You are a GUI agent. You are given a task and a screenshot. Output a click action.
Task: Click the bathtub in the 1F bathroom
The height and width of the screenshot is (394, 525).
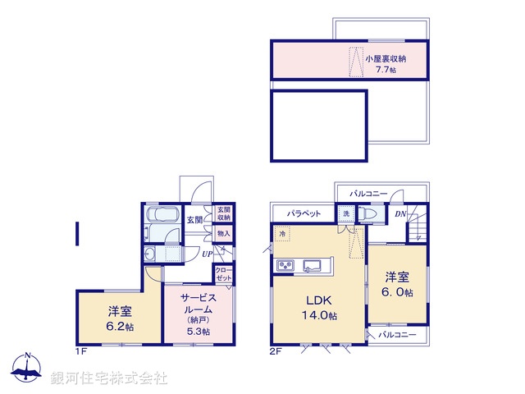pyautogui.click(x=157, y=218)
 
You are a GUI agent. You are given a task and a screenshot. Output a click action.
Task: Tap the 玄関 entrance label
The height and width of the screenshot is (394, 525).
pyautogui.click(x=194, y=219)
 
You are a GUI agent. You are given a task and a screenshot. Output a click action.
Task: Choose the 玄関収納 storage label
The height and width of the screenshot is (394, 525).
pyautogui.click(x=223, y=214)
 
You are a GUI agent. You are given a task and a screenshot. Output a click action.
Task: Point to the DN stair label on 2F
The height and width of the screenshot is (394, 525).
pyautogui.click(x=400, y=214)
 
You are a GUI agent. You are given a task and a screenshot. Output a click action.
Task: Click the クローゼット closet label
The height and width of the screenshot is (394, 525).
pyautogui.click(x=223, y=273)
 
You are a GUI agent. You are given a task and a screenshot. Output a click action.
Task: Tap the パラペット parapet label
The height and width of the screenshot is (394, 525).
pyautogui.click(x=303, y=213)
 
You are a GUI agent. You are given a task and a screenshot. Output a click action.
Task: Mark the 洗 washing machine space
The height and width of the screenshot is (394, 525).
pyautogui.click(x=346, y=214)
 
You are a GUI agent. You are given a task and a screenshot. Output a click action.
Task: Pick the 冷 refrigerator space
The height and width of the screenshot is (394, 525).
pyautogui.click(x=281, y=234)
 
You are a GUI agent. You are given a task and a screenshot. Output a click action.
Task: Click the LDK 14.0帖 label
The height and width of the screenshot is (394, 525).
pyautogui.click(x=320, y=306)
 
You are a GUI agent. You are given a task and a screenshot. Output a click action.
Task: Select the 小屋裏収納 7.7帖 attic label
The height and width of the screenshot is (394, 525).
pyautogui.click(x=386, y=64)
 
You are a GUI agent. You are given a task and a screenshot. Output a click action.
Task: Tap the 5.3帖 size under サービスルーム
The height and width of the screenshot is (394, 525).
pyautogui.click(x=198, y=331)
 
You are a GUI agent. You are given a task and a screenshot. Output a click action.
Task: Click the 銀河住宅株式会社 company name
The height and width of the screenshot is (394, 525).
pyautogui.click(x=108, y=378)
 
